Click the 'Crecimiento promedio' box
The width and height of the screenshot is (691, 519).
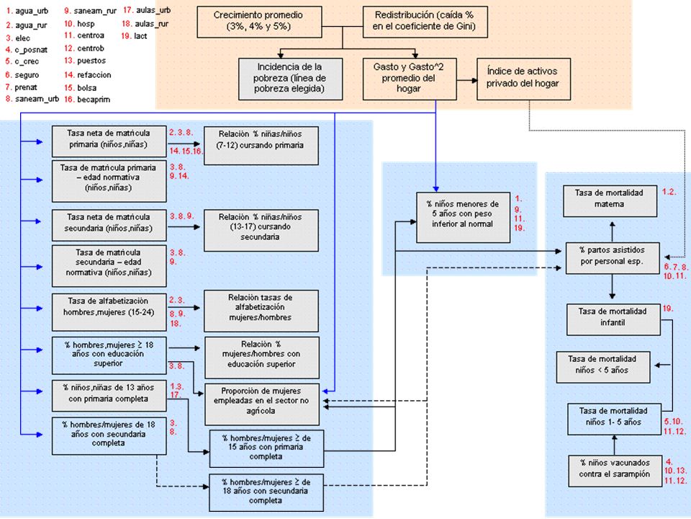click(259, 21)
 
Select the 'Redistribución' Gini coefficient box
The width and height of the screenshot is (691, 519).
click(425, 21)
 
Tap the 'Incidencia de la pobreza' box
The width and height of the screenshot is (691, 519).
click(290, 79)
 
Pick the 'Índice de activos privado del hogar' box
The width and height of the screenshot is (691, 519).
click(523, 79)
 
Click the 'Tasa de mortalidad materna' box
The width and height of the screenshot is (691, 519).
click(610, 201)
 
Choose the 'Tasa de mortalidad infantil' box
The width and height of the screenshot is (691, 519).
click(613, 319)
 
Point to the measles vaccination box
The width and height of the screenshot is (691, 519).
click(615, 471)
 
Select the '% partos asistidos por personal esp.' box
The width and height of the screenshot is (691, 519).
click(613, 258)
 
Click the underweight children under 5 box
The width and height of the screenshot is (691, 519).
click(463, 217)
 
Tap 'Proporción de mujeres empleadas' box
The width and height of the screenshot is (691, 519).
click(262, 404)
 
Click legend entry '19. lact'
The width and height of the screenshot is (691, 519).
click(135, 36)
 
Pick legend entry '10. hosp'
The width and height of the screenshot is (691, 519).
click(79, 24)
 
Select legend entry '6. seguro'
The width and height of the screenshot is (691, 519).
click(22, 75)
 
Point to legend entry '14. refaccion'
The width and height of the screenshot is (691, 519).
click(87, 75)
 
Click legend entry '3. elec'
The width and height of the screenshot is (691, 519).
click(17, 38)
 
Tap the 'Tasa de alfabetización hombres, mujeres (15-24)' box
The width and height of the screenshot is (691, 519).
click(109, 312)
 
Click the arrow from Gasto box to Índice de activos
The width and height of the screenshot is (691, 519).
click(466, 80)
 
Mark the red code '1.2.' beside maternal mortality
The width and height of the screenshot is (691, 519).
click(669, 192)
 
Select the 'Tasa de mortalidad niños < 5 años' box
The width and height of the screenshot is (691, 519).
click(603, 367)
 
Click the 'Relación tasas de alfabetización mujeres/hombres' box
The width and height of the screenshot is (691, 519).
click(261, 311)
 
